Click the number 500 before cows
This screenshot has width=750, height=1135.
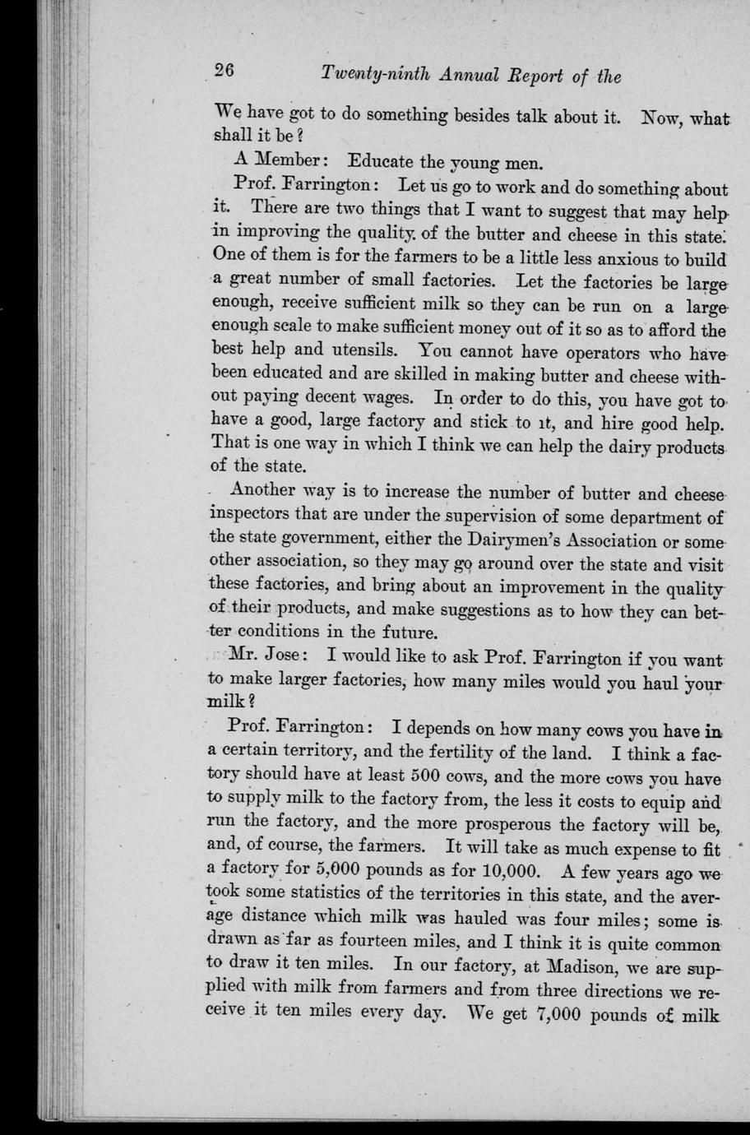coord(427,776)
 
